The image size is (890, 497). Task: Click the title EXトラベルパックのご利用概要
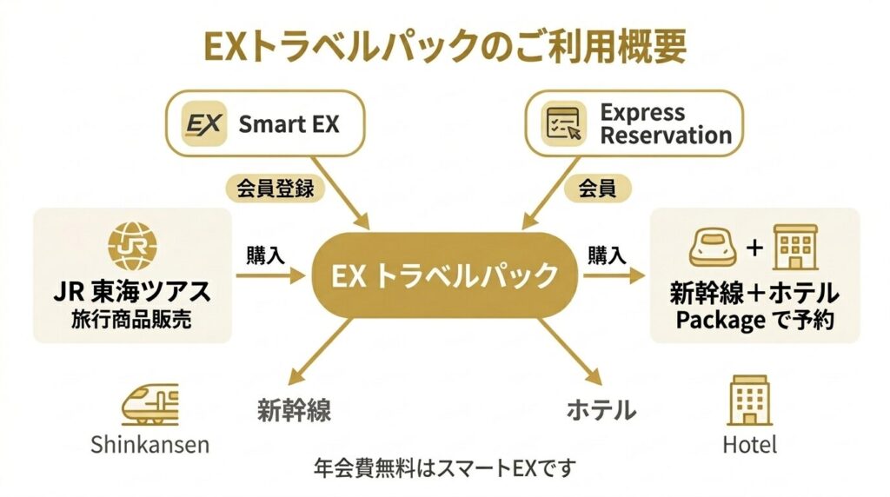[444, 46]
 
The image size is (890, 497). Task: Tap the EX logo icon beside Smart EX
[206, 123]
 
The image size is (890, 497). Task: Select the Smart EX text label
[289, 124]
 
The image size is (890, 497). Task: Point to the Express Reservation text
[666, 124]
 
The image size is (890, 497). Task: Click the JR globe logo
[134, 244]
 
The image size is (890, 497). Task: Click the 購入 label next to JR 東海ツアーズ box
[266, 255]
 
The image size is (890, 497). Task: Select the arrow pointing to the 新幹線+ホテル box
[614, 275]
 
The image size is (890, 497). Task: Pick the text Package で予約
[754, 319]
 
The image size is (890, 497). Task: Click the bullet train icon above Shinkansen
[149, 405]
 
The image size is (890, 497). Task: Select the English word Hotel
[749, 445]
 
